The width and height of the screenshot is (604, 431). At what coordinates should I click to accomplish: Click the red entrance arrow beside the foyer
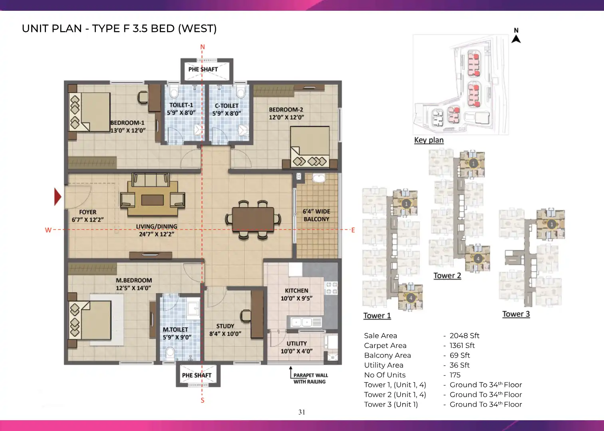pyautogui.click(x=58, y=197)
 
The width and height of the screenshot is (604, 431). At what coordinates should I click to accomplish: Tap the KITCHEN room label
pyautogui.click(x=296, y=291)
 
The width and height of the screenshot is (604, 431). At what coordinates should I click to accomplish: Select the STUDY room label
pyautogui.click(x=225, y=326)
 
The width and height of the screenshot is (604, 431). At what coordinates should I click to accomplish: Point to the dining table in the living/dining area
pyautogui.click(x=253, y=219)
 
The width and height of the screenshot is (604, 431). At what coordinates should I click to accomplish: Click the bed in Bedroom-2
pyautogui.click(x=310, y=147)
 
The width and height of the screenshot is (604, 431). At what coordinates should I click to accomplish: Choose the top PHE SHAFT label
pyautogui.click(x=203, y=69)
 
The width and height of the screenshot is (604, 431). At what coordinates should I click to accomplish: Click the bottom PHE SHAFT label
pyautogui.click(x=197, y=375)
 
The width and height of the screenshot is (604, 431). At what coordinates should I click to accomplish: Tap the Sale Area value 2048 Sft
pyautogui.click(x=464, y=336)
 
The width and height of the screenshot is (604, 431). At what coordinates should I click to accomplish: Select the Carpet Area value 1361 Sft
pyautogui.click(x=462, y=345)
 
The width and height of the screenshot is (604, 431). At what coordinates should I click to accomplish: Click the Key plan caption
pyautogui.click(x=429, y=140)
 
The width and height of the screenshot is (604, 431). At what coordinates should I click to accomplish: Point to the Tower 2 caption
pyautogui.click(x=447, y=276)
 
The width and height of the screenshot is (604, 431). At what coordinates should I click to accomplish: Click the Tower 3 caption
pyautogui.click(x=516, y=314)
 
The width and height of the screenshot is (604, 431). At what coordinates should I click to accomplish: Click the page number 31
pyautogui.click(x=302, y=412)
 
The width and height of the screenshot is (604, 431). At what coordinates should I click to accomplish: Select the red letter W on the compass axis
pyautogui.click(x=48, y=230)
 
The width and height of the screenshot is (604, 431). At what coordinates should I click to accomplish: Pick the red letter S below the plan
pyautogui.click(x=203, y=400)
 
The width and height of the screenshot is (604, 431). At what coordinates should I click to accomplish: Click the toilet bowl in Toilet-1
pyautogui.click(x=174, y=92)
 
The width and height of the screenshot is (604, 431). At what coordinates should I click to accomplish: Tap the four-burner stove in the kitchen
pyautogui.click(x=331, y=288)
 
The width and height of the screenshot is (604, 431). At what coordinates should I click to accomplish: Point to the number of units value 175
pyautogui.click(x=455, y=375)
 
